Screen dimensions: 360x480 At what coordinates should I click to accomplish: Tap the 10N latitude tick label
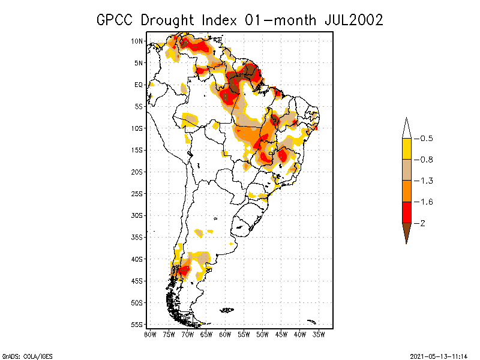pyautogui.click(x=137, y=41)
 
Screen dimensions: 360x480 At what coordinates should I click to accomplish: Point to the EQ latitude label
pyautogui.click(x=139, y=85)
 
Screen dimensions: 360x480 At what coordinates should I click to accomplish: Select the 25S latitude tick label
pyautogui.click(x=137, y=193)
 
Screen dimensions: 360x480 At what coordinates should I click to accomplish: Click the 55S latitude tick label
pyautogui.click(x=137, y=324)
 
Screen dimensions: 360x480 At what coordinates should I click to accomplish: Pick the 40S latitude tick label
pyautogui.click(x=137, y=259)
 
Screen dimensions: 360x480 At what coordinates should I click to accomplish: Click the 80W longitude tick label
pyautogui.click(x=150, y=334)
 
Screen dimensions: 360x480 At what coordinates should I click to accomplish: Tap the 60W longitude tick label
pyautogui.click(x=225, y=334)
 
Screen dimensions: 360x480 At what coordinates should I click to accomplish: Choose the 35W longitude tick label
pyautogui.click(x=319, y=334)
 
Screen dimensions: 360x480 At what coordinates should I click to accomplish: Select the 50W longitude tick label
pyautogui.click(x=262, y=334)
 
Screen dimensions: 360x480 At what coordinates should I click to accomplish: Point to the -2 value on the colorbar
pyautogui.click(x=422, y=223)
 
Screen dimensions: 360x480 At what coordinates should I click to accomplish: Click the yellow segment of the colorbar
pyautogui.click(x=406, y=149)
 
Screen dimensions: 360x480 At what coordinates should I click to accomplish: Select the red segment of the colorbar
pyautogui.click(x=406, y=212)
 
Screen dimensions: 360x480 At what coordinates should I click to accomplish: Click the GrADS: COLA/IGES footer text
pyautogui.click(x=22, y=355)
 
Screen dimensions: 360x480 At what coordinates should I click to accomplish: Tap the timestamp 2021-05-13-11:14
pyautogui.click(x=438, y=355)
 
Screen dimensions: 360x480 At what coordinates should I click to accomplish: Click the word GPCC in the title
pyautogui.click(x=115, y=20)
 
